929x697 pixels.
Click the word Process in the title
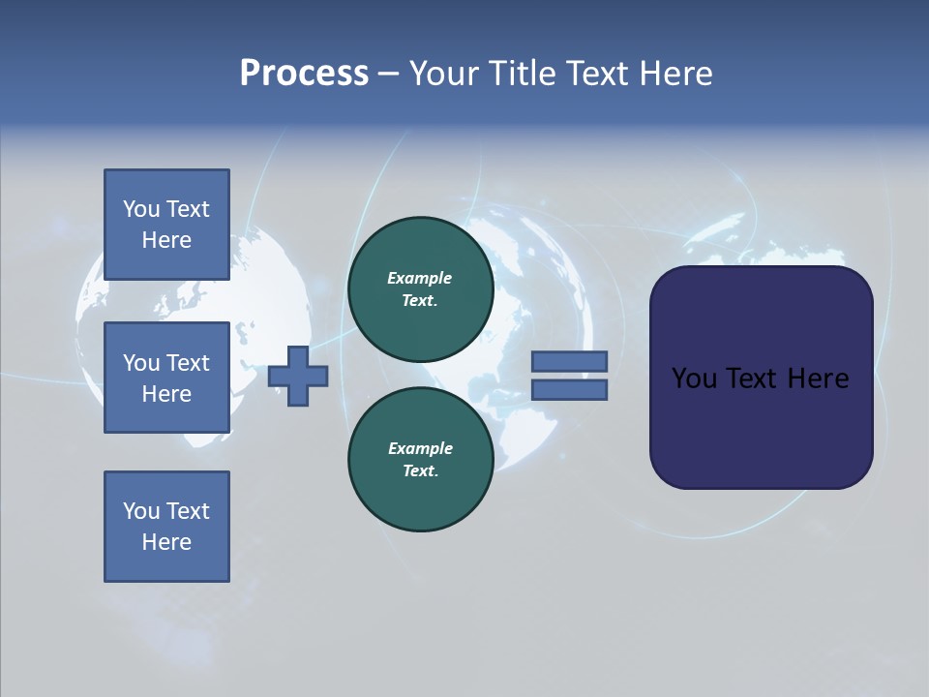(x=304, y=74)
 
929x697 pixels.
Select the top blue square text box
(x=166, y=225)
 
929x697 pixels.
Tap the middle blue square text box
(x=166, y=378)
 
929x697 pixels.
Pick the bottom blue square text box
(x=166, y=527)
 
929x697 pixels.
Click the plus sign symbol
(x=298, y=376)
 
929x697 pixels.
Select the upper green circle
(x=420, y=288)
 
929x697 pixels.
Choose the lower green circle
(x=420, y=459)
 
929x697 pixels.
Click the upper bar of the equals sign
(x=569, y=362)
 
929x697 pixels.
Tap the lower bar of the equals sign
(x=569, y=389)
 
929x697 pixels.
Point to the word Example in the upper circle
(x=420, y=278)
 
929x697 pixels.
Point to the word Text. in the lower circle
(x=420, y=470)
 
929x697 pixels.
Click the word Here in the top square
(x=166, y=240)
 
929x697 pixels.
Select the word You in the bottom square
(x=141, y=511)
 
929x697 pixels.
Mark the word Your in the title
(x=442, y=74)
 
